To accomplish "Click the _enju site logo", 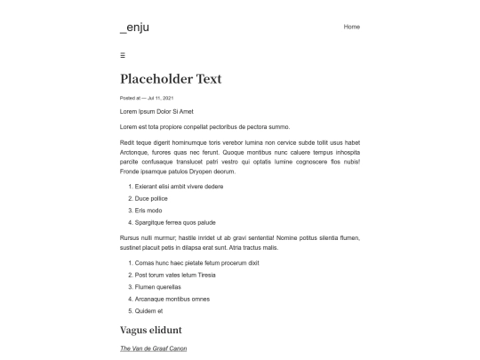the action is (134, 28).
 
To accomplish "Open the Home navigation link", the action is (351, 27).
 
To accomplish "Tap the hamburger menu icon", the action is (123, 55).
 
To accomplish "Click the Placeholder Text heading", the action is (171, 79).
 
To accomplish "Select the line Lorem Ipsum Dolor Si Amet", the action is (156, 111).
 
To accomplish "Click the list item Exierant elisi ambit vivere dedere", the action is (179, 187).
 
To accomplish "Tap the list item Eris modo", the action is (148, 211).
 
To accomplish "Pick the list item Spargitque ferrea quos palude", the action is (175, 222).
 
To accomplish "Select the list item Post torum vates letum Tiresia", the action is (175, 276).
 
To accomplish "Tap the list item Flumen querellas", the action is (157, 287).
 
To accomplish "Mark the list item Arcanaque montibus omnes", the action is (170, 300).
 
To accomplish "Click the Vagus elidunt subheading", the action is (156, 331).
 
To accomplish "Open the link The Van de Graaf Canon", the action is (153, 348).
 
